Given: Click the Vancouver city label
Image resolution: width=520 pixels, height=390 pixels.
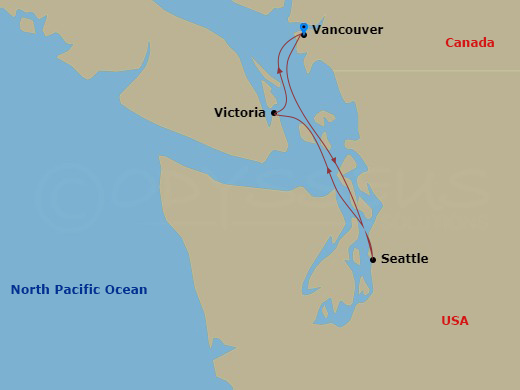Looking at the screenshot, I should pyautogui.click(x=347, y=30).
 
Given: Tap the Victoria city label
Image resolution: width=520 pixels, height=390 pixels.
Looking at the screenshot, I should pyautogui.click(x=240, y=113).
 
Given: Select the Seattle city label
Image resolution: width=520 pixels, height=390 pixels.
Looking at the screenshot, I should pyautogui.click(x=404, y=259).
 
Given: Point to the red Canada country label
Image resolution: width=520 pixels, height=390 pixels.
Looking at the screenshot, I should pyautogui.click(x=469, y=43).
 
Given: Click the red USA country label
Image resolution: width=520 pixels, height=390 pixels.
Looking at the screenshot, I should pyautogui.click(x=454, y=321).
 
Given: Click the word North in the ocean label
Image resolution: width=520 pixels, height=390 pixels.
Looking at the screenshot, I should pyautogui.click(x=30, y=290).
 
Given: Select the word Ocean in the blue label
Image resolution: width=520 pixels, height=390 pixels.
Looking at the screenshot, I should pyautogui.click(x=128, y=290).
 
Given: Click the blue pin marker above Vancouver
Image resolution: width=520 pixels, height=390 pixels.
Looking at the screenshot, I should pyautogui.click(x=304, y=27).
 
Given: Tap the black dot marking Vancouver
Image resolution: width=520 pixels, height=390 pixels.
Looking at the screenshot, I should pyautogui.click(x=304, y=35).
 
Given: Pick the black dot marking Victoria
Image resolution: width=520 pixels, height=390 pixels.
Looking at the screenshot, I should pyautogui.click(x=273, y=113).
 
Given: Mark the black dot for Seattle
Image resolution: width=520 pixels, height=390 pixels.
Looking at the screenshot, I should pyautogui.click(x=373, y=260).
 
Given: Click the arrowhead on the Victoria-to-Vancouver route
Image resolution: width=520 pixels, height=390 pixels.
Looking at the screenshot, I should pyautogui.click(x=278, y=71).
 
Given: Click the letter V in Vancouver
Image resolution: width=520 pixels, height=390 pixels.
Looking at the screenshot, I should pyautogui.click(x=317, y=30).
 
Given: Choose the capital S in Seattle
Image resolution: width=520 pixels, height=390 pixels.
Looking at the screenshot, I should pyautogui.click(x=385, y=259).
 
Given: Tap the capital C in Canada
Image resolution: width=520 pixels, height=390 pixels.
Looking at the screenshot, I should pyautogui.click(x=450, y=43).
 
